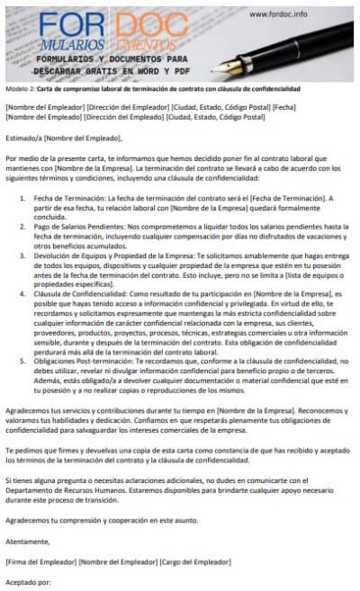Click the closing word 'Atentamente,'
[27, 542]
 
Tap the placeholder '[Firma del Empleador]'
[40, 561]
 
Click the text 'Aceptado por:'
[28, 582]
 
